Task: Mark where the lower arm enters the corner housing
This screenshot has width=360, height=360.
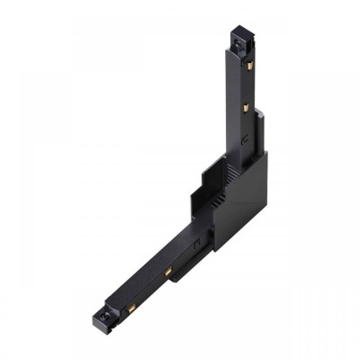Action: tap(203, 236)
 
